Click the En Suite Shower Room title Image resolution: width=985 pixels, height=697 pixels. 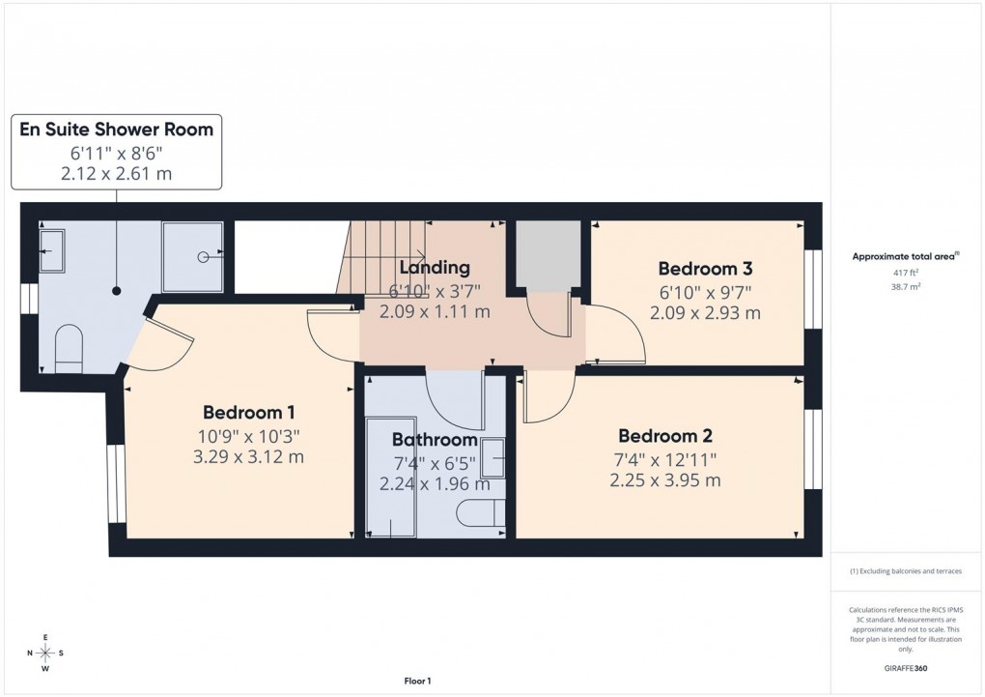pos(117,130)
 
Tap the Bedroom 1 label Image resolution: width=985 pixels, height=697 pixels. pos(249,413)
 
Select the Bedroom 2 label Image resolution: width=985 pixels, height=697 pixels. pos(665,435)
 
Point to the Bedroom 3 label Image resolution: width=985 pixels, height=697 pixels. pos(705,269)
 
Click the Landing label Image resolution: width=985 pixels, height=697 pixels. pos(435,268)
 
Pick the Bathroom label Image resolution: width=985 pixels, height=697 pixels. pos(434,441)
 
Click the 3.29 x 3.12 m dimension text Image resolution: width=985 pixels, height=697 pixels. pos(249,456)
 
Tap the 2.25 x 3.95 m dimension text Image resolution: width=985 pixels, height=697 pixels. pos(665,479)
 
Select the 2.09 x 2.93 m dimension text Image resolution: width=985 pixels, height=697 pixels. pos(705,312)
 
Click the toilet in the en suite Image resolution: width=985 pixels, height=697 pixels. pos(70,347)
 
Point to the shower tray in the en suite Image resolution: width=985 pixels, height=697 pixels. pos(193,256)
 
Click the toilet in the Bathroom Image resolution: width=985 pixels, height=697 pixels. pos(482,512)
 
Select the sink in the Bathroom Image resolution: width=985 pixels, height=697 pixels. pos(492,458)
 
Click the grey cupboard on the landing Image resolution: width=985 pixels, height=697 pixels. pos(548,254)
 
